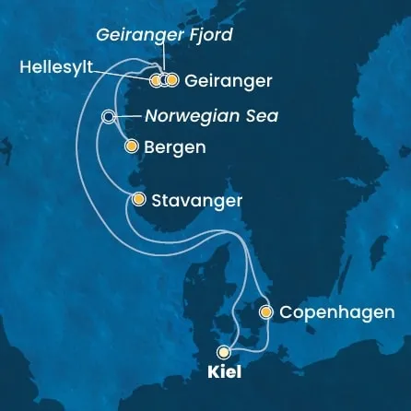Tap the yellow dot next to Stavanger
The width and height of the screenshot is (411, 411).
[x=138, y=199]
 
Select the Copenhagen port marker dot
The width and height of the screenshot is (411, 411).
[x=266, y=312]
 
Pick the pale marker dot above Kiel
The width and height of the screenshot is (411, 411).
[x=223, y=351]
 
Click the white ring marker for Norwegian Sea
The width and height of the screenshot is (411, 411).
[x=109, y=117]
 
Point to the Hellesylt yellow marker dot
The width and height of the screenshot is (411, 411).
[x=156, y=81]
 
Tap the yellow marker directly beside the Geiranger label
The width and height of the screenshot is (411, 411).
[x=171, y=81]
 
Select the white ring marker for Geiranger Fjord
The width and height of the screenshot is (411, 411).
[x=163, y=81]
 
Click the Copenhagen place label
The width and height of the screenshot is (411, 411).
[x=337, y=313]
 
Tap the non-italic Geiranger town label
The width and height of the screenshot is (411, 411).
[x=228, y=81]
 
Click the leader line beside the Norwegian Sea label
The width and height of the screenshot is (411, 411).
[x=128, y=117]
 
